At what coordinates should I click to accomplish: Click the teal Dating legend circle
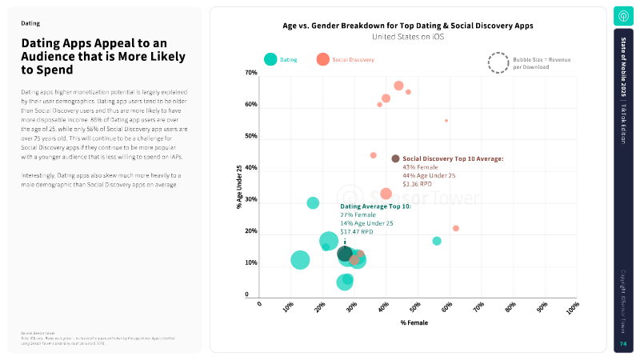coord(271,59)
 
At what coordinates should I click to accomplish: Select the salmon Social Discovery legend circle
coord(323,59)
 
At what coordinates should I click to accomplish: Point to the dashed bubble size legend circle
coord(498,62)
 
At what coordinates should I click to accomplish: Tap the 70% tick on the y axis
coord(251,73)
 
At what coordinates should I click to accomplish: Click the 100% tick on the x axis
coord(573,306)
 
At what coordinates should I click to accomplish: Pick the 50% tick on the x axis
coord(416,306)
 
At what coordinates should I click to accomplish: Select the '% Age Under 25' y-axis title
coord(239,186)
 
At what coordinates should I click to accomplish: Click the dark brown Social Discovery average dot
coord(395,158)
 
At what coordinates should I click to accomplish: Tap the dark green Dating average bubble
coord(345,254)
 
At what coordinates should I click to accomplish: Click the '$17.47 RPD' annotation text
coord(357,231)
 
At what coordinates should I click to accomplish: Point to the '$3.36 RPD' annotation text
coord(417,184)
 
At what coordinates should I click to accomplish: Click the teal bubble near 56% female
coord(437,241)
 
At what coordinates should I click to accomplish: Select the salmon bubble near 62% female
coord(456,228)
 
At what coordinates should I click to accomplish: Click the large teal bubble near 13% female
coord(300,260)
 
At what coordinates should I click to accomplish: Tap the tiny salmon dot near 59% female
coord(446,121)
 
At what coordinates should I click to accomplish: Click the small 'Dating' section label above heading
coord(30,24)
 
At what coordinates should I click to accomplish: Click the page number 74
coord(623,344)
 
